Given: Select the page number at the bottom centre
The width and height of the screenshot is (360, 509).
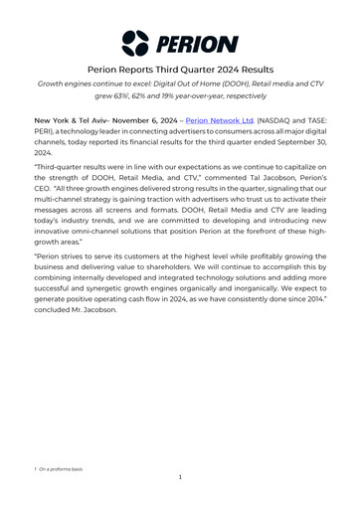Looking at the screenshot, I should click(180, 478).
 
